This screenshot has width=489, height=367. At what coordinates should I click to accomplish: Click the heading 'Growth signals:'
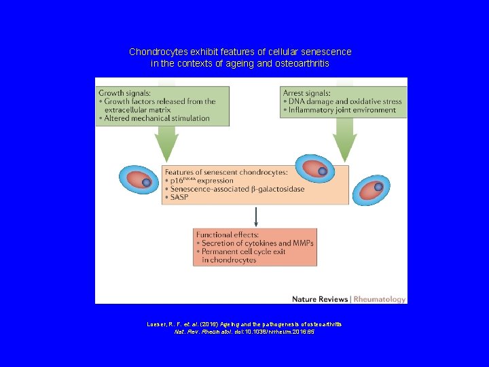tap(125, 92)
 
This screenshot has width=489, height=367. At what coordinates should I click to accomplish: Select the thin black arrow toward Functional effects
tap(256, 216)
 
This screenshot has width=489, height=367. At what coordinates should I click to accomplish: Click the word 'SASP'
tap(181, 197)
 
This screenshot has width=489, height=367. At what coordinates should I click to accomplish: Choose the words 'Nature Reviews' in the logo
tap(319, 299)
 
